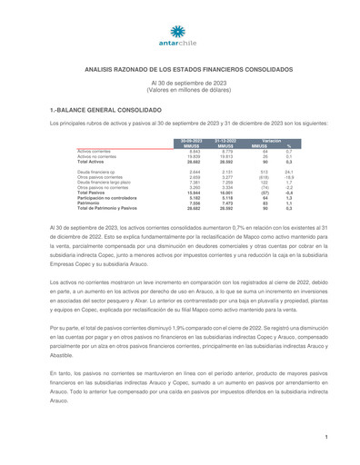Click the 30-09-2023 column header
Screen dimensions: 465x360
(192, 142)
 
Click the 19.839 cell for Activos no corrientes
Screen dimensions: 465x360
(194, 155)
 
